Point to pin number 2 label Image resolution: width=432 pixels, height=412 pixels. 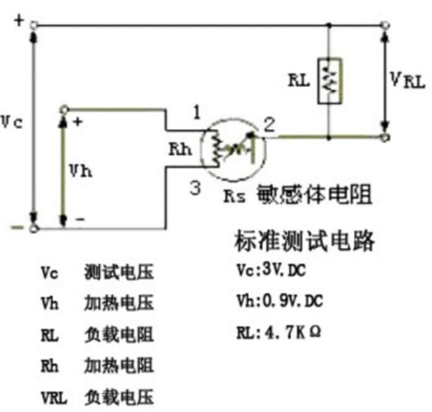(269, 125)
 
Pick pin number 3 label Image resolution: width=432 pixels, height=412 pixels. (195, 188)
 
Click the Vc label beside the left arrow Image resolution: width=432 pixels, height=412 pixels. (12, 122)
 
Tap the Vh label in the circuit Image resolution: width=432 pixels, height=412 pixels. (82, 171)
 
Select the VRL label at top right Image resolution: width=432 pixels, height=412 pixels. (408, 79)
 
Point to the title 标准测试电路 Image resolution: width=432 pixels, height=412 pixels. (305, 240)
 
